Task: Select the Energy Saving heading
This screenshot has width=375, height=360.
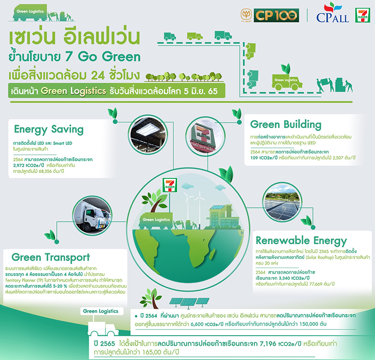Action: click(49, 129)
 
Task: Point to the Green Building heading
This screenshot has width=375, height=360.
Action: click(286, 124)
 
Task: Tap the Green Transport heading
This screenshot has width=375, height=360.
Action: click(50, 257)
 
